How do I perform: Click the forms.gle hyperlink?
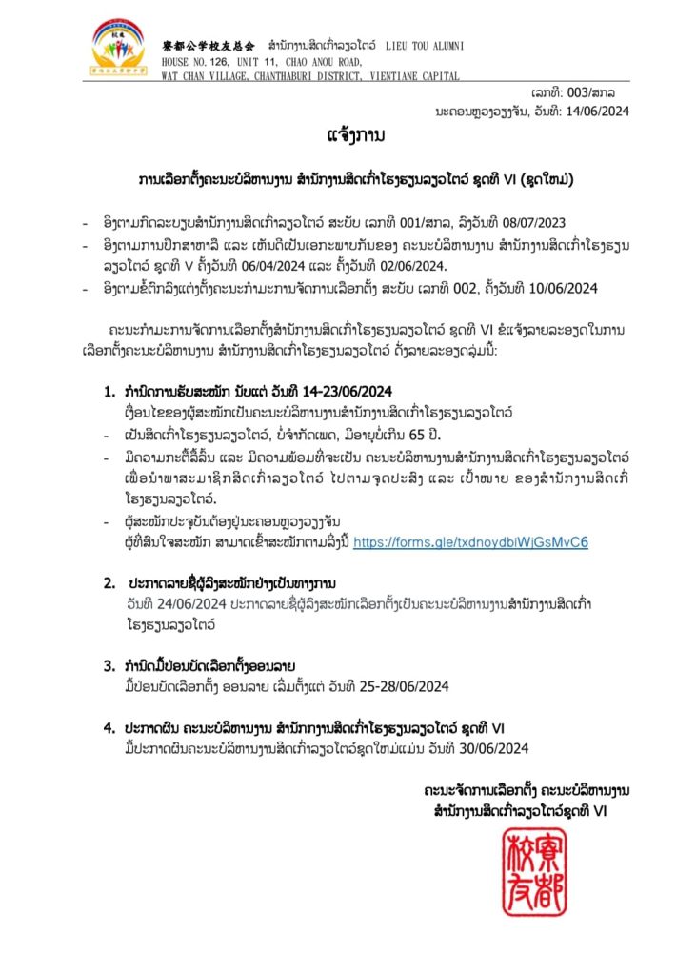[x=470, y=542]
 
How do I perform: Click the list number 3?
[x=109, y=664]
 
